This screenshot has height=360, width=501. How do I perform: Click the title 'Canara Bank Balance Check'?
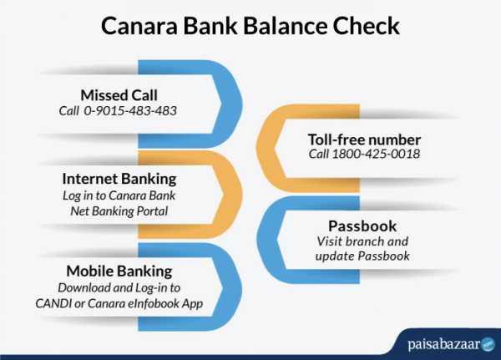click(250, 25)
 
